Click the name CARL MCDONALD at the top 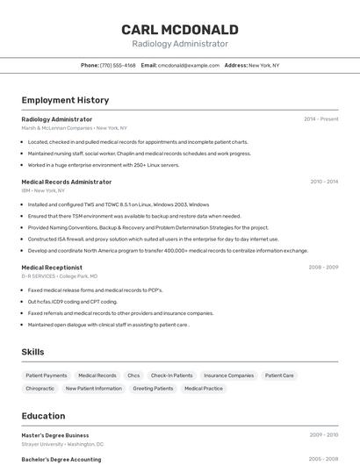tap(180, 30)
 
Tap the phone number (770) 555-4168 tap(118, 65)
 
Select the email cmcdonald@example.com tap(188, 65)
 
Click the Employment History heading tap(65, 100)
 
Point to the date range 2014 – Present tap(320, 119)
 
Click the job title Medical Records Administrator tap(67, 182)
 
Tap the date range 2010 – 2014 tap(324, 182)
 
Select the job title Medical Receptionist tap(52, 268)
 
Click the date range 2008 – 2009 tap(323, 268)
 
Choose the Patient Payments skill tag tap(47, 376)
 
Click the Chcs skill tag tap(133, 376)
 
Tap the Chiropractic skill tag tap(40, 388)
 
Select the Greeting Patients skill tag tap(153, 388)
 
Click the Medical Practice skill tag tap(204, 388)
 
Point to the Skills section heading tap(33, 352)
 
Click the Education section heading tap(43, 416)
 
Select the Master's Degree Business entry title tap(55, 435)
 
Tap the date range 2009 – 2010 tap(323, 435)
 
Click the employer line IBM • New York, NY tap(43, 190)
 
